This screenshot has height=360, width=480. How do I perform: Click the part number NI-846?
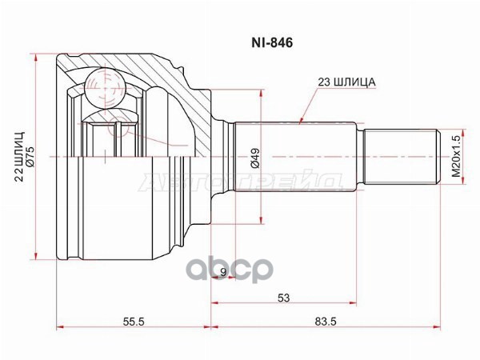[272, 43]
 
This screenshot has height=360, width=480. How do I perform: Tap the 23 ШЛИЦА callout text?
[346, 82]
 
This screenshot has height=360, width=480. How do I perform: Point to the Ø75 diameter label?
[31, 157]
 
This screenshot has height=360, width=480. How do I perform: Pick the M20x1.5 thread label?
[457, 156]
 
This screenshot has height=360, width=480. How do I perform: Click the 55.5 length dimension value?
[134, 322]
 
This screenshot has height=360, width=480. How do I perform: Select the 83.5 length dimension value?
[326, 322]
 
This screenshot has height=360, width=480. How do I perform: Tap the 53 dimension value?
[283, 298]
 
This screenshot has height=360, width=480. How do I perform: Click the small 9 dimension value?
[223, 272]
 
